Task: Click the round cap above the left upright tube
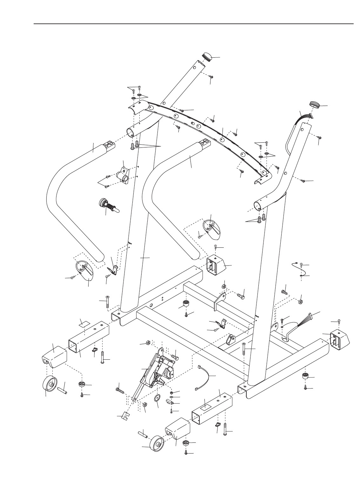206,57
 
